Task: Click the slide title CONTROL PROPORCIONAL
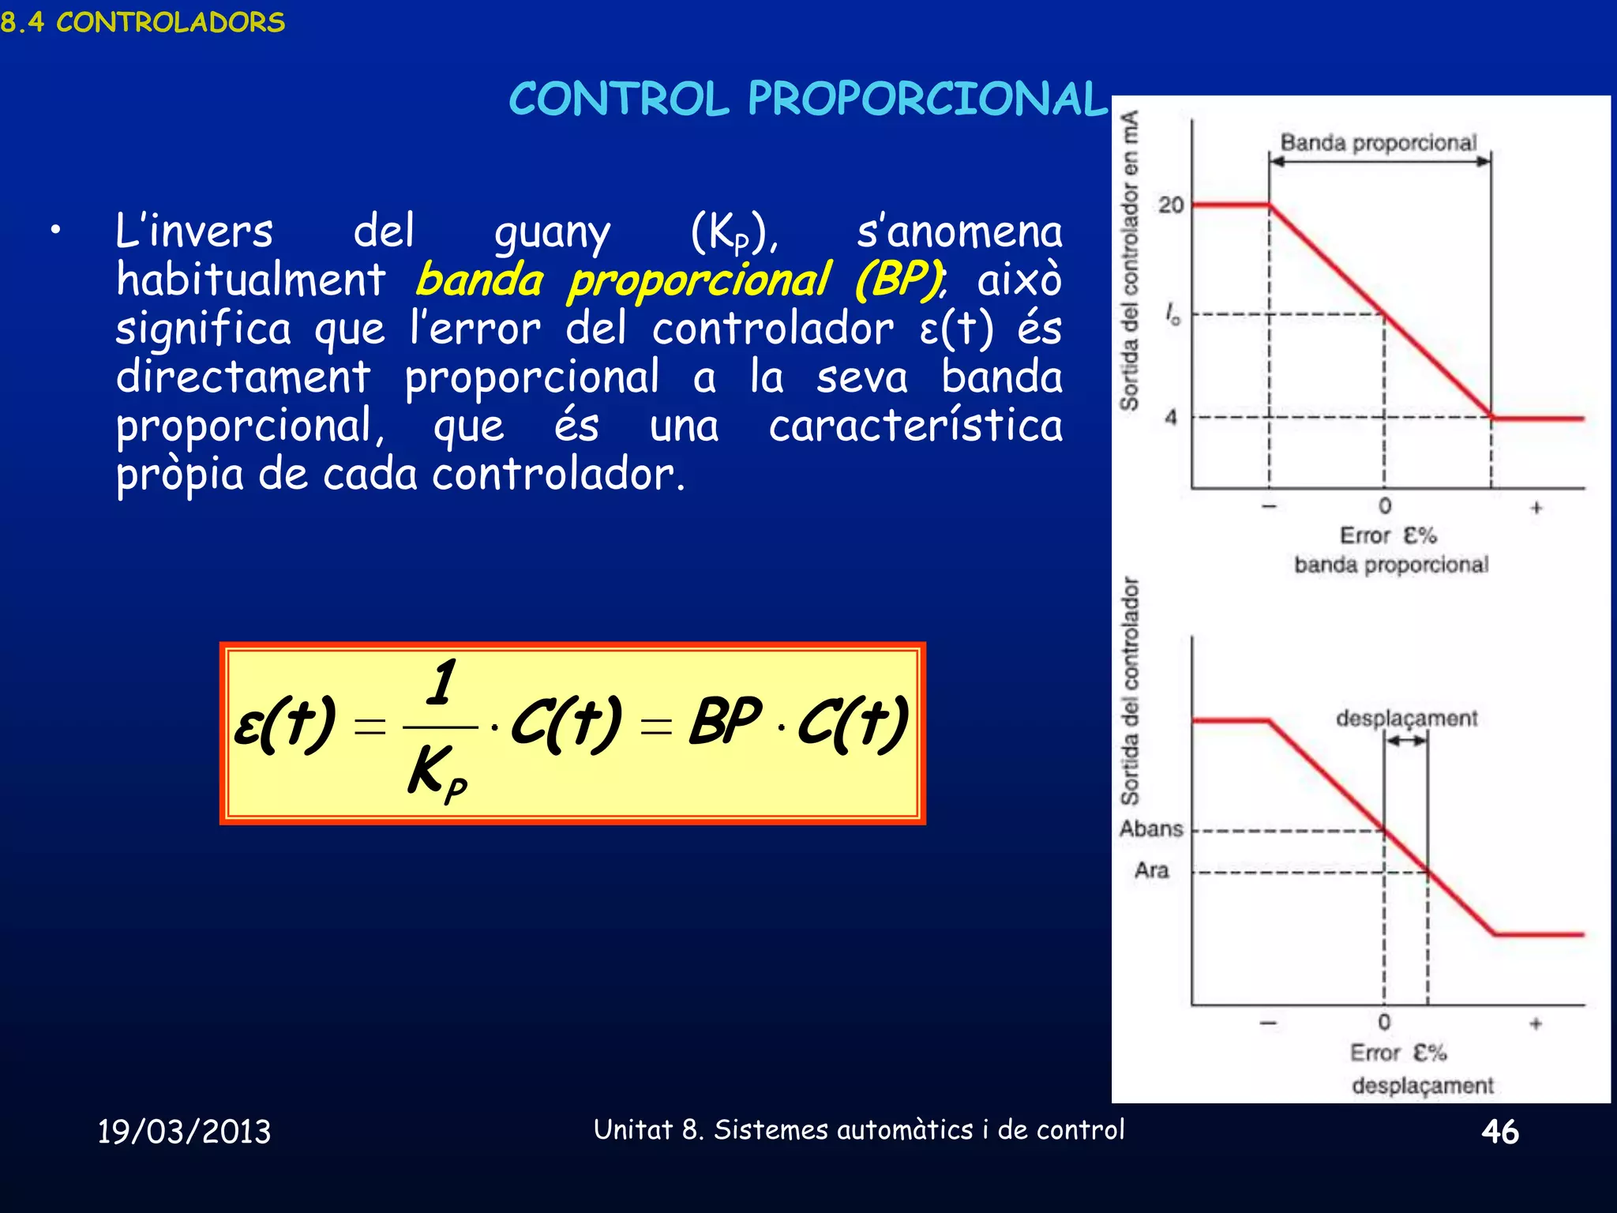(808, 100)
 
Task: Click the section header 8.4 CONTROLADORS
(143, 22)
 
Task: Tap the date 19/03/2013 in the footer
(184, 1131)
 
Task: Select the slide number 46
(1499, 1132)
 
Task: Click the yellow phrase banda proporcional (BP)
(679, 280)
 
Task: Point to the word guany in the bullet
(552, 232)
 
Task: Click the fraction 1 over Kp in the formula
(440, 727)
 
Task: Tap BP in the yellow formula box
(725, 721)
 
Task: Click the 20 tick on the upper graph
(1171, 205)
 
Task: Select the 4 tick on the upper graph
(1171, 417)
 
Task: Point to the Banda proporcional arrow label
(1378, 143)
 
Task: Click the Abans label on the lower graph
(1151, 828)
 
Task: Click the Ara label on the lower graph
(1151, 870)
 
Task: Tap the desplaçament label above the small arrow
(1406, 718)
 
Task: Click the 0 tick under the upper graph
(1385, 505)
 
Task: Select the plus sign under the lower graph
(1536, 1023)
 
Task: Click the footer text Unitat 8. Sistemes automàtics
(858, 1129)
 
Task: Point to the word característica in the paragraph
(915, 426)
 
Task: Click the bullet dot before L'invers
(54, 231)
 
